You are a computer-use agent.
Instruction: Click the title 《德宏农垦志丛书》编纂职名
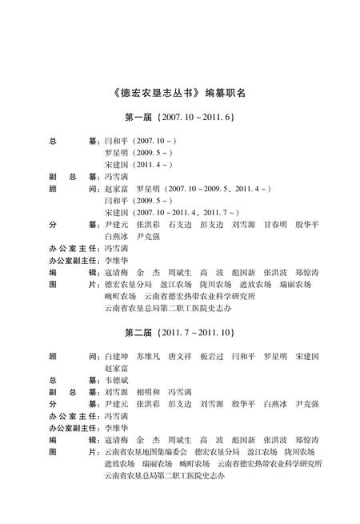point(179,92)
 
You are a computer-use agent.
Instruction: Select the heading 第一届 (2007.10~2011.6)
point(179,118)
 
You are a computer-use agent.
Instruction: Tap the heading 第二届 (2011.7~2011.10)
point(179,331)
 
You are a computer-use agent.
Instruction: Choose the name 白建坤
point(118,355)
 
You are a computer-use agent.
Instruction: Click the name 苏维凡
point(150,355)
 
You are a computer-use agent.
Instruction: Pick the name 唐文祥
point(182,355)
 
